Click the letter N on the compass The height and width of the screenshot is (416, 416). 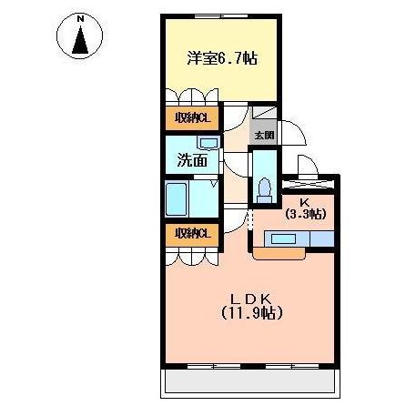tap(80, 18)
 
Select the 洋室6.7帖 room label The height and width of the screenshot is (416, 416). tap(221, 57)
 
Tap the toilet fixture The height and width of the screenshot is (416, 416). tap(266, 188)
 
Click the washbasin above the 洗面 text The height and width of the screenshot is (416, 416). tap(207, 144)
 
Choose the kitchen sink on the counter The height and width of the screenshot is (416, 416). tap(282, 239)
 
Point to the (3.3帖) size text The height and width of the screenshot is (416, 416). tap(307, 215)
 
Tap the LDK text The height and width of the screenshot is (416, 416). tap(251, 299)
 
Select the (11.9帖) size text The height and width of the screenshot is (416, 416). tap(251, 314)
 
